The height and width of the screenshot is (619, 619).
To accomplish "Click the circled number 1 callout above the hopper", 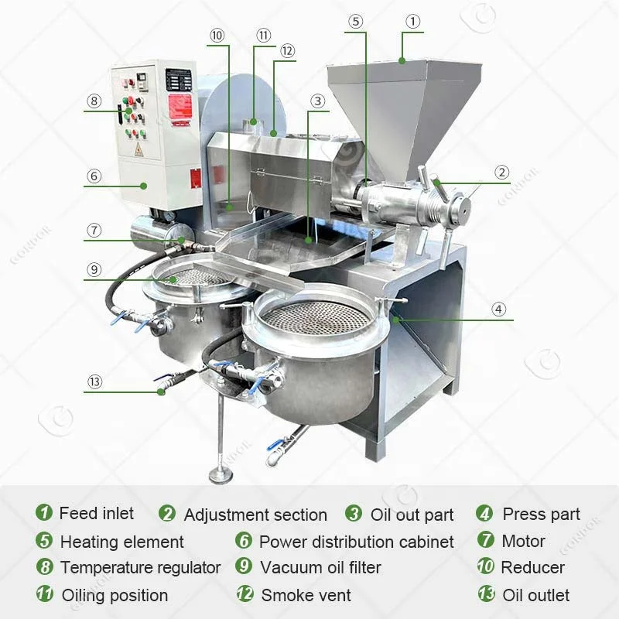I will coord(413,22).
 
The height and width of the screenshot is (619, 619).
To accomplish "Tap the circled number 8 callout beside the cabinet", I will coord(94,101).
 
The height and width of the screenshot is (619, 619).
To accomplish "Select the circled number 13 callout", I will coord(94,381).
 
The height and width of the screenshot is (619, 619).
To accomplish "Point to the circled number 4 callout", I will coord(499,309).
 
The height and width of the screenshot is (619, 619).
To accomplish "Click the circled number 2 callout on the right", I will coord(502,173).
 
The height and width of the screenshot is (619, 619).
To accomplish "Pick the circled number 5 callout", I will coord(355,22).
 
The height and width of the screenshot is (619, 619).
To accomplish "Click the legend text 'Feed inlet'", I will coord(96,513).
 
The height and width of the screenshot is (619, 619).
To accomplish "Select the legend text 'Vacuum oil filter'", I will coord(320,567).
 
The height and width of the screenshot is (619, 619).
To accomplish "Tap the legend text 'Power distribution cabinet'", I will coord(356,542).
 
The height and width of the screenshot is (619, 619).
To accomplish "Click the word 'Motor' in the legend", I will coord(523,541).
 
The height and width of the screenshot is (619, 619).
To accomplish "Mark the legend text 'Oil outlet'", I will coord(535,595).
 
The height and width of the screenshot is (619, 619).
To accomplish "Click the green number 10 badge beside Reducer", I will coord(485,566).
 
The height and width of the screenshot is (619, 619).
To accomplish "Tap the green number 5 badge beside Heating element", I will coord(45,541).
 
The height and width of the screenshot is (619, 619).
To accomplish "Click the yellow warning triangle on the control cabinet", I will coord(139,149).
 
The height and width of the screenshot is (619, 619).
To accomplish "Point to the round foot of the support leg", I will coord(221,474).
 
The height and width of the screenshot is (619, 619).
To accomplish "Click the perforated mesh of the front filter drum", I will coord(316,316).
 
